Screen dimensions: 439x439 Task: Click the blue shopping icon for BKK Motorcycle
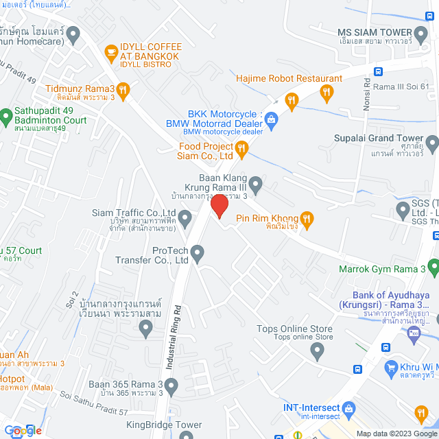coord(271,119)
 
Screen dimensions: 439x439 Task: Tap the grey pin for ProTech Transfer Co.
coord(198,255)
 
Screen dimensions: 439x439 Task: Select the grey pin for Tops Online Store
coord(316,351)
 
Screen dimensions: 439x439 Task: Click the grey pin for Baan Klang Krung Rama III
coord(255,183)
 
